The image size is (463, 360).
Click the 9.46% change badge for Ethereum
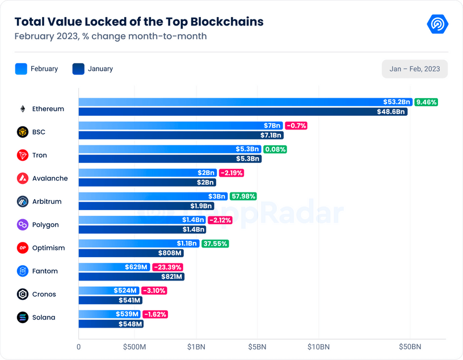click(x=426, y=102)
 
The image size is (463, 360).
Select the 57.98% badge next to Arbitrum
click(x=243, y=196)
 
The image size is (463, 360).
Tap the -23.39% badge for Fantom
click(x=167, y=267)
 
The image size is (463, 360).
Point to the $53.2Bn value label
click(x=397, y=102)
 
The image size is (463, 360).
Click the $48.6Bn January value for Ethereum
click(x=392, y=112)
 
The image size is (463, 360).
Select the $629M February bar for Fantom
click(x=114, y=267)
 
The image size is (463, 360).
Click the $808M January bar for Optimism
click(x=131, y=253)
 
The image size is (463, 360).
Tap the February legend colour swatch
click(x=21, y=69)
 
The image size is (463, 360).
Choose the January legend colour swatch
click(x=78, y=69)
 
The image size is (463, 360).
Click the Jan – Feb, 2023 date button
click(x=415, y=69)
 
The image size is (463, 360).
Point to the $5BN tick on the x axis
click(x=258, y=346)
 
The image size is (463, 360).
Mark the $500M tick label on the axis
click(x=135, y=346)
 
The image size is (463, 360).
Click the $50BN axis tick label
click(x=410, y=346)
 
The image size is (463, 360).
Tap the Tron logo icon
click(x=23, y=155)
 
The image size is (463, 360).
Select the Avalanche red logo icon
click(x=23, y=178)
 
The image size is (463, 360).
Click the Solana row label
click(x=44, y=317)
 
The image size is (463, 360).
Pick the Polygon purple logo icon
click(x=23, y=225)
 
